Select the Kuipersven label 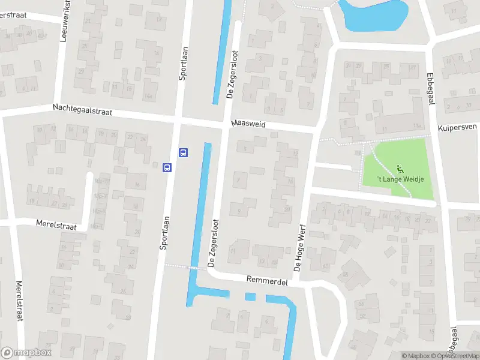coord(457,128)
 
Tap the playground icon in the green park coord(400,169)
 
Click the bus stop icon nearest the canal coord(184,152)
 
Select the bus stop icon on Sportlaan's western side coord(167,167)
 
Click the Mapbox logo coord(26,353)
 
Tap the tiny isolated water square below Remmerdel coord(250,296)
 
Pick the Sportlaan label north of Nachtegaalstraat coord(183,64)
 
